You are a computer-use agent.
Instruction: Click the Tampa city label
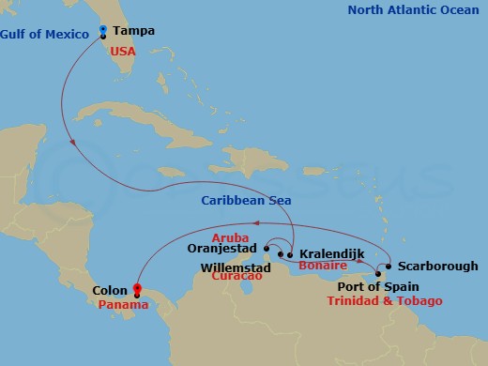(x=133, y=31)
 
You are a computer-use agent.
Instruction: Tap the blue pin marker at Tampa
(x=102, y=31)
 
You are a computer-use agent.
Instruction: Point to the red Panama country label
(x=122, y=305)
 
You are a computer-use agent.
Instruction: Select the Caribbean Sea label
(x=246, y=200)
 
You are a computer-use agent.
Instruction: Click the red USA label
(x=123, y=52)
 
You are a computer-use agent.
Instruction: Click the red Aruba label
(x=230, y=237)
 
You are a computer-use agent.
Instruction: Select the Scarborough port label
(x=432, y=267)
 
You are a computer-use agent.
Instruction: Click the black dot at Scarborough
(x=389, y=266)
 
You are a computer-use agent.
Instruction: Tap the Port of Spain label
(x=378, y=287)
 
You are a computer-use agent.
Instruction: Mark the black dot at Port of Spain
(x=377, y=274)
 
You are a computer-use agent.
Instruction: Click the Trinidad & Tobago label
(x=385, y=300)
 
